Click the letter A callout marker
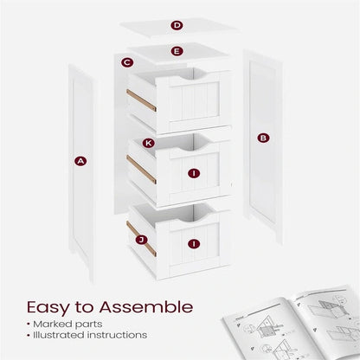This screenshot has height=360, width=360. (80, 161)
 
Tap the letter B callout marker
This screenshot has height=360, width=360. (263, 138)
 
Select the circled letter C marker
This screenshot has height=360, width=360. (127, 62)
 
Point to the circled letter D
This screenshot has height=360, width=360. (177, 25)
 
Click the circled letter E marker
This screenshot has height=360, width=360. (177, 51)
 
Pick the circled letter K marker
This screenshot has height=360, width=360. (149, 143)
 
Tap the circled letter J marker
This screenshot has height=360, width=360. (141, 240)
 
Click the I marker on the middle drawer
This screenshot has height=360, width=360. (194, 173)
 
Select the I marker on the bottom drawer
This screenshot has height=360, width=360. (194, 244)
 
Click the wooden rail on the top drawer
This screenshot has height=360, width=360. (141, 100)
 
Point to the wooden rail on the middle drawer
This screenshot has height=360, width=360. (141, 170)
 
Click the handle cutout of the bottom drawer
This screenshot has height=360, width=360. (193, 216)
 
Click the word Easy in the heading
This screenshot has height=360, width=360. (48, 308)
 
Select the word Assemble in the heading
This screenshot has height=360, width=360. (146, 306)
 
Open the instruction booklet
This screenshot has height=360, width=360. (292, 323)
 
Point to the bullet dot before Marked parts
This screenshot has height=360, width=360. (29, 325)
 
